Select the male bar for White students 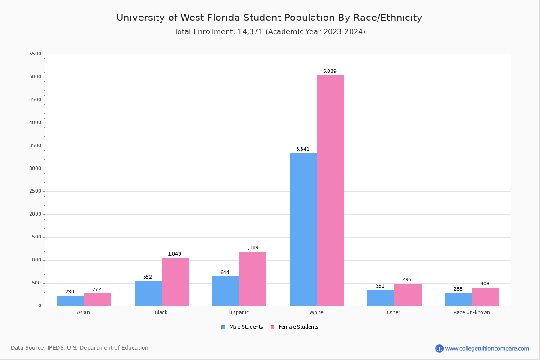click(303, 229)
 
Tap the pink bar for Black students click(175, 282)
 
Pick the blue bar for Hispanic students click(225, 291)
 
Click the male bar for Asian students click(70, 301)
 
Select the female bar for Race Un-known click(486, 297)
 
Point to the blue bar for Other click(381, 298)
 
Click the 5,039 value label click(329, 72)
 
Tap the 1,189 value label click(252, 248)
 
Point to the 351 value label click(380, 286)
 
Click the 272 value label click(97, 290)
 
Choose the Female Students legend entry click(295, 327)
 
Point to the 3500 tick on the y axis click(35, 146)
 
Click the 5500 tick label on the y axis click(35, 54)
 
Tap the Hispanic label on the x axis click(238, 312)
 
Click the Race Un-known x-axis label click(472, 312)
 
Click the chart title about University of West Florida click(269, 18)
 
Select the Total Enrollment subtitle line click(270, 32)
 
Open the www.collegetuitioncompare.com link click(487, 348)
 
